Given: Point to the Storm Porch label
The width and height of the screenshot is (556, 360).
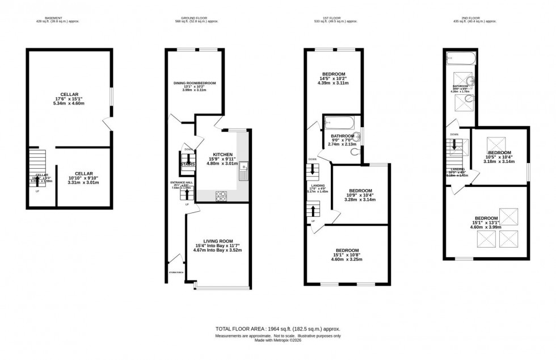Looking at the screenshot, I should (x=176, y=273).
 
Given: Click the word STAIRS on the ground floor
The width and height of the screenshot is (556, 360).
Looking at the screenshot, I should (x=188, y=165).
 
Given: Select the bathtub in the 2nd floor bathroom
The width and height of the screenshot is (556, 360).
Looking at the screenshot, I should (x=459, y=57).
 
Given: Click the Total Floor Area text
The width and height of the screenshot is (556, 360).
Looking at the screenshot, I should (x=277, y=329).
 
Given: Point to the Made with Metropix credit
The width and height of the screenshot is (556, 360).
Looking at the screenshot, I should (x=277, y=341).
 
